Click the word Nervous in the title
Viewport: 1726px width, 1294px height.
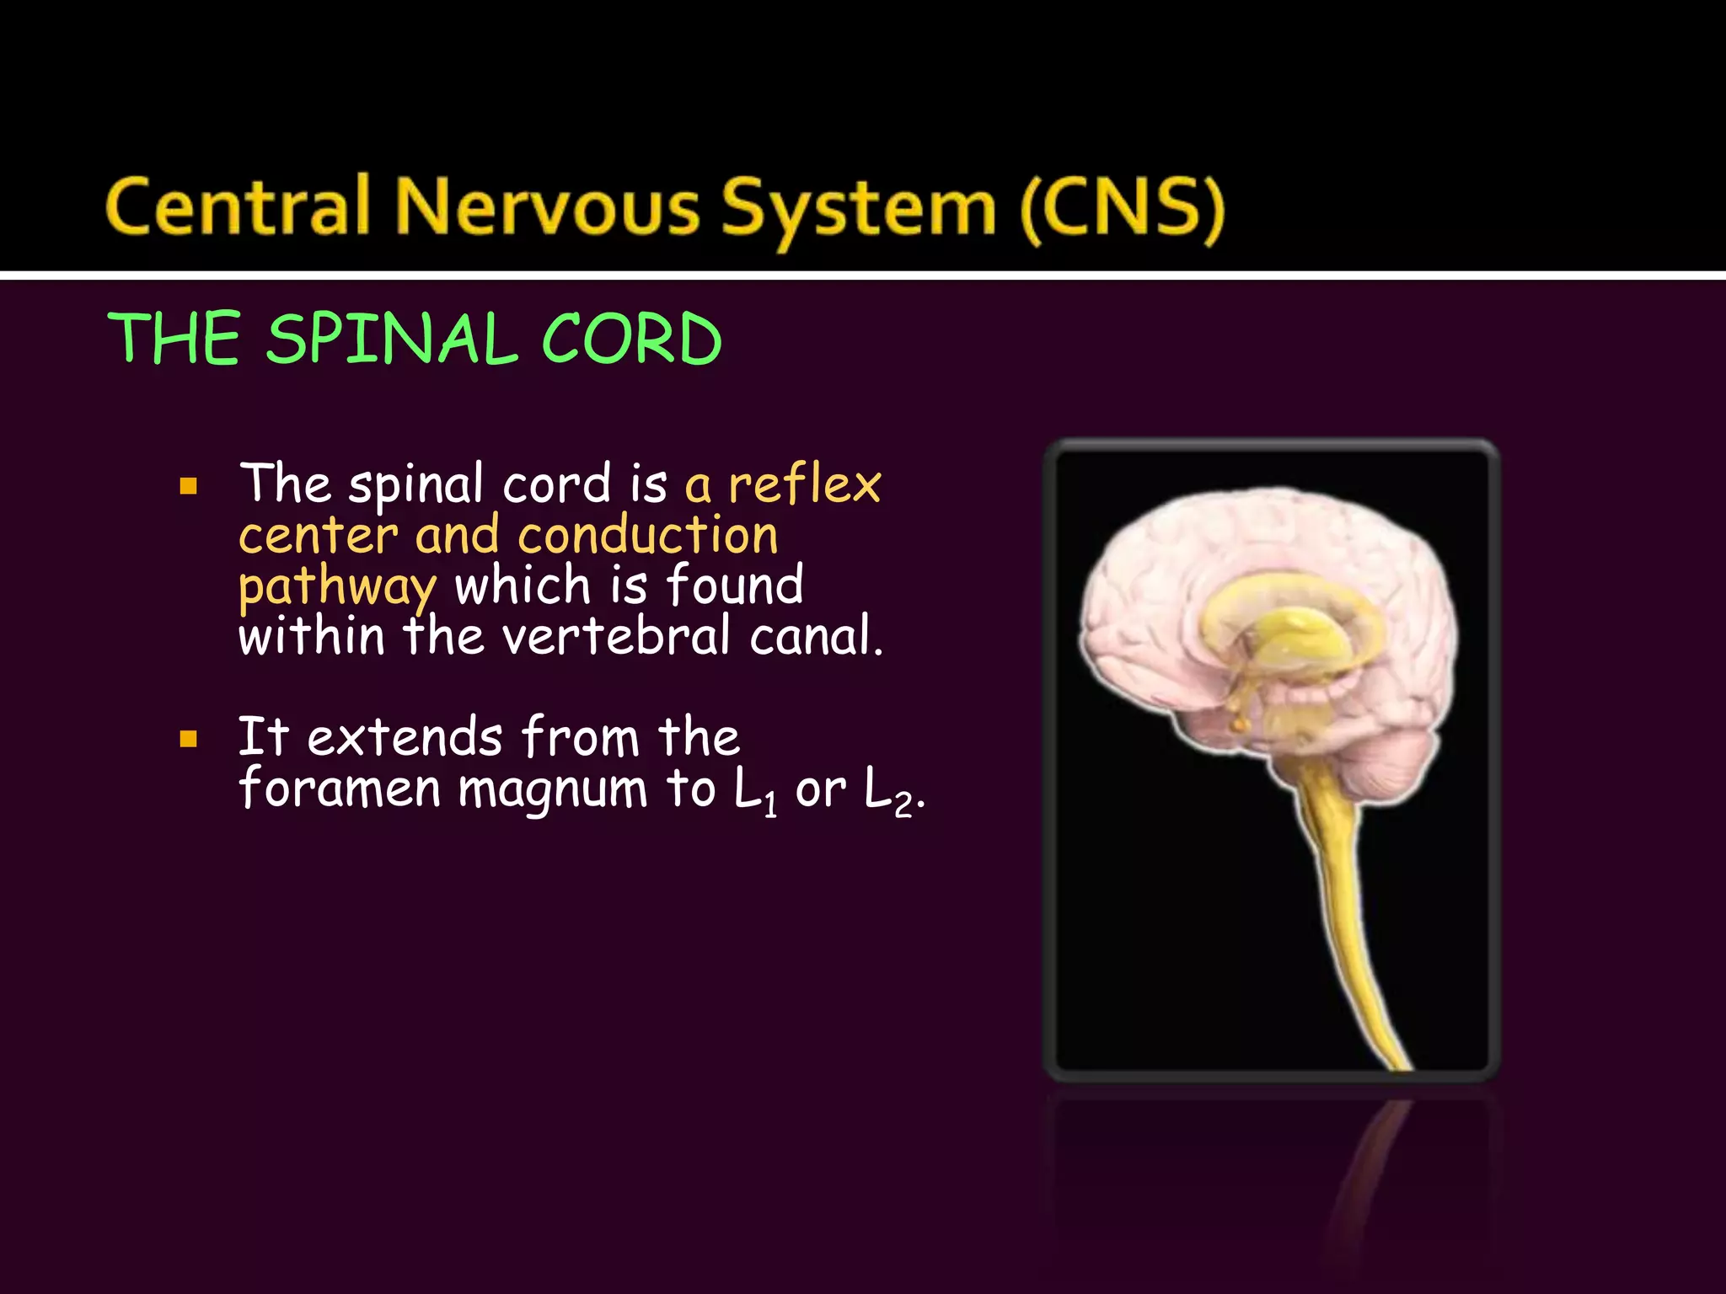coord(547,206)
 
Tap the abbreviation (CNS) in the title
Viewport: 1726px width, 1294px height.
coord(1122,208)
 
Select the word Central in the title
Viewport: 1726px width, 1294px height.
coord(239,206)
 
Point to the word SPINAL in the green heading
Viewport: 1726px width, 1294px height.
coord(392,339)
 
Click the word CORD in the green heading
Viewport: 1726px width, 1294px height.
coord(631,339)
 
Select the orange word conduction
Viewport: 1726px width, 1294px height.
coord(647,535)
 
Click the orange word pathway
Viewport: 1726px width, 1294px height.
coord(337,588)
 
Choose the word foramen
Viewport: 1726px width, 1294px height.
coord(340,789)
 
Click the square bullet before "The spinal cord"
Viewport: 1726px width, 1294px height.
coord(189,486)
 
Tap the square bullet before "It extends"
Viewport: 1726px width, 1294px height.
coord(189,740)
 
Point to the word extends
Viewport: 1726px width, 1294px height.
coord(405,738)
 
